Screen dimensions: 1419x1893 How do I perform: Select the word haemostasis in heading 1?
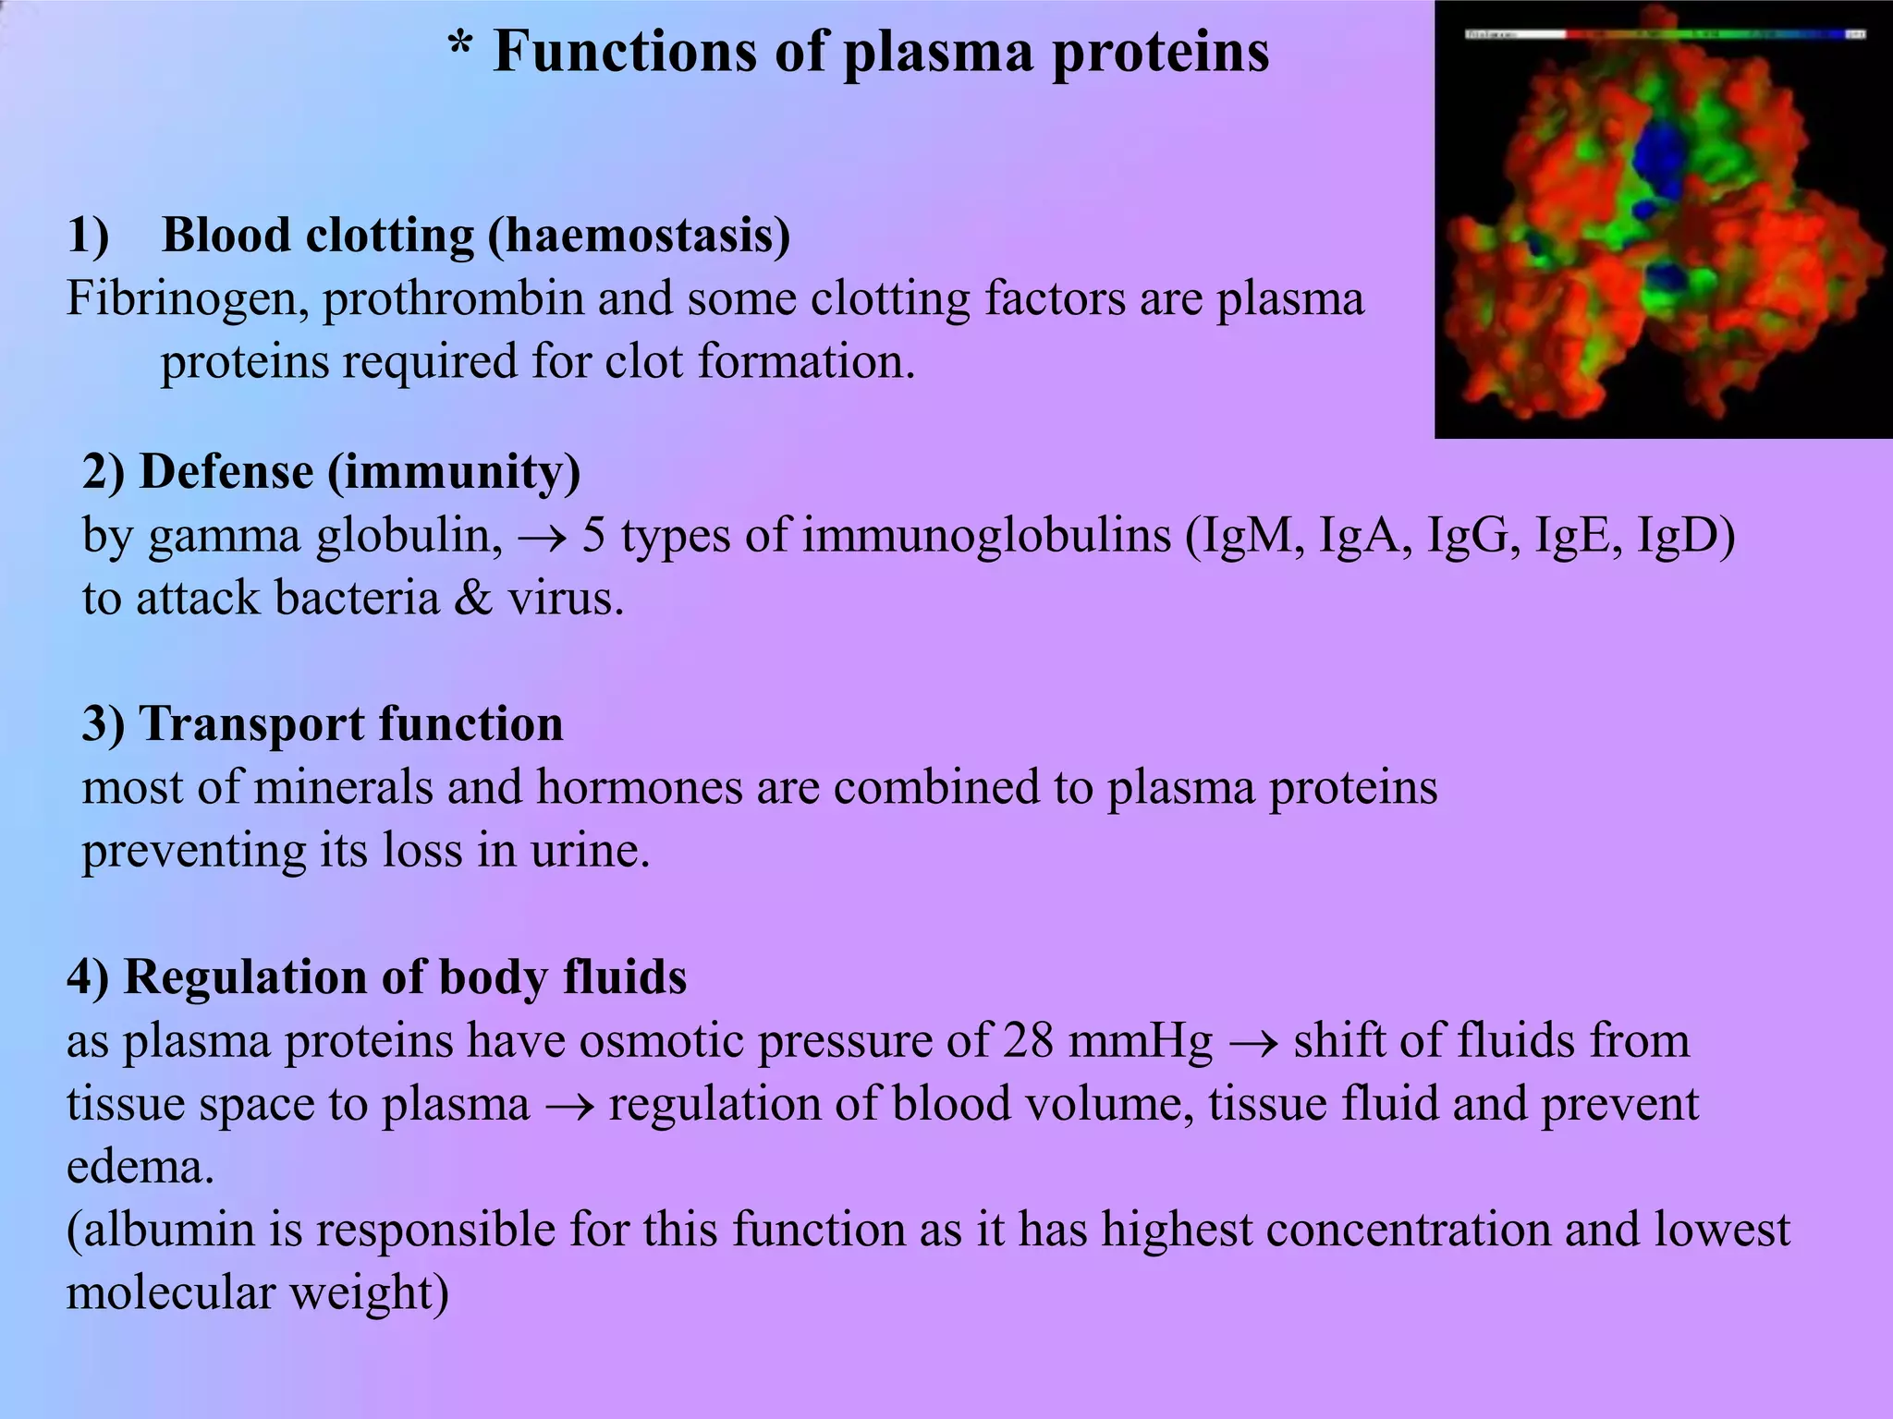click(639, 236)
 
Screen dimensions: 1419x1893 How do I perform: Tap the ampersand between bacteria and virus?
click(474, 599)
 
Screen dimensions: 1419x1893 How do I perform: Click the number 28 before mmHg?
click(1028, 1040)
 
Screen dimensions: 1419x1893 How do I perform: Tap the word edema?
click(140, 1167)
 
